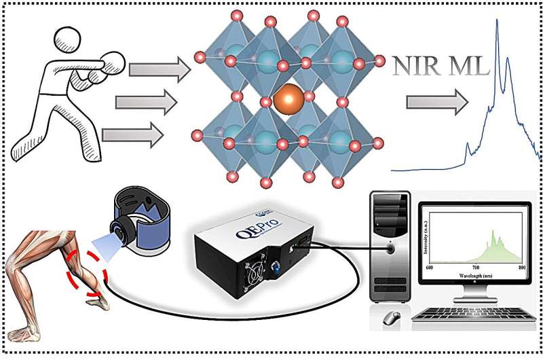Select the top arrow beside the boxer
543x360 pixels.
tap(153, 69)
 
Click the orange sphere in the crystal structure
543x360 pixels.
tap(291, 100)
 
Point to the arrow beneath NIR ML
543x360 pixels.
tap(437, 103)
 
